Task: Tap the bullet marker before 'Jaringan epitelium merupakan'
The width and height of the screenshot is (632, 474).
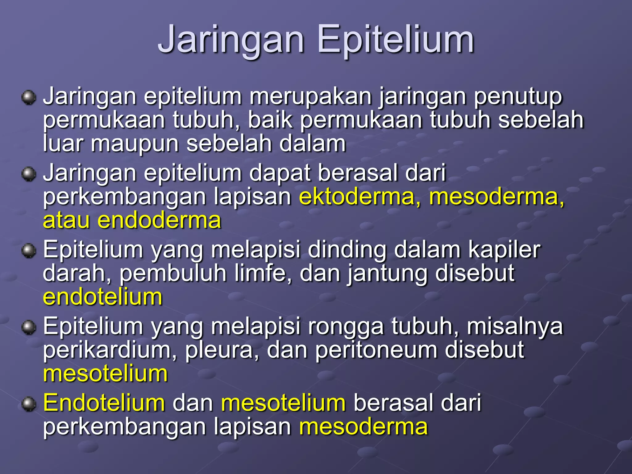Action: pyautogui.click(x=29, y=98)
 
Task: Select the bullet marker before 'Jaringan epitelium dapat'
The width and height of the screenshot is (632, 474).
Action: pyautogui.click(x=29, y=174)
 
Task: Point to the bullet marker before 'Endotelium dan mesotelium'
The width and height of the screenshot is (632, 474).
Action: pyautogui.click(x=29, y=404)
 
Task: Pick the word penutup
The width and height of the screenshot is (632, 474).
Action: pyautogui.click(x=518, y=97)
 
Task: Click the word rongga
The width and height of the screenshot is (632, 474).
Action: pyautogui.click(x=346, y=326)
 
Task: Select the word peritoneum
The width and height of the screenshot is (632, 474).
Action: pyautogui.click(x=376, y=350)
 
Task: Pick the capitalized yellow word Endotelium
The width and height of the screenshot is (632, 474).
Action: pyautogui.click(x=104, y=403)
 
